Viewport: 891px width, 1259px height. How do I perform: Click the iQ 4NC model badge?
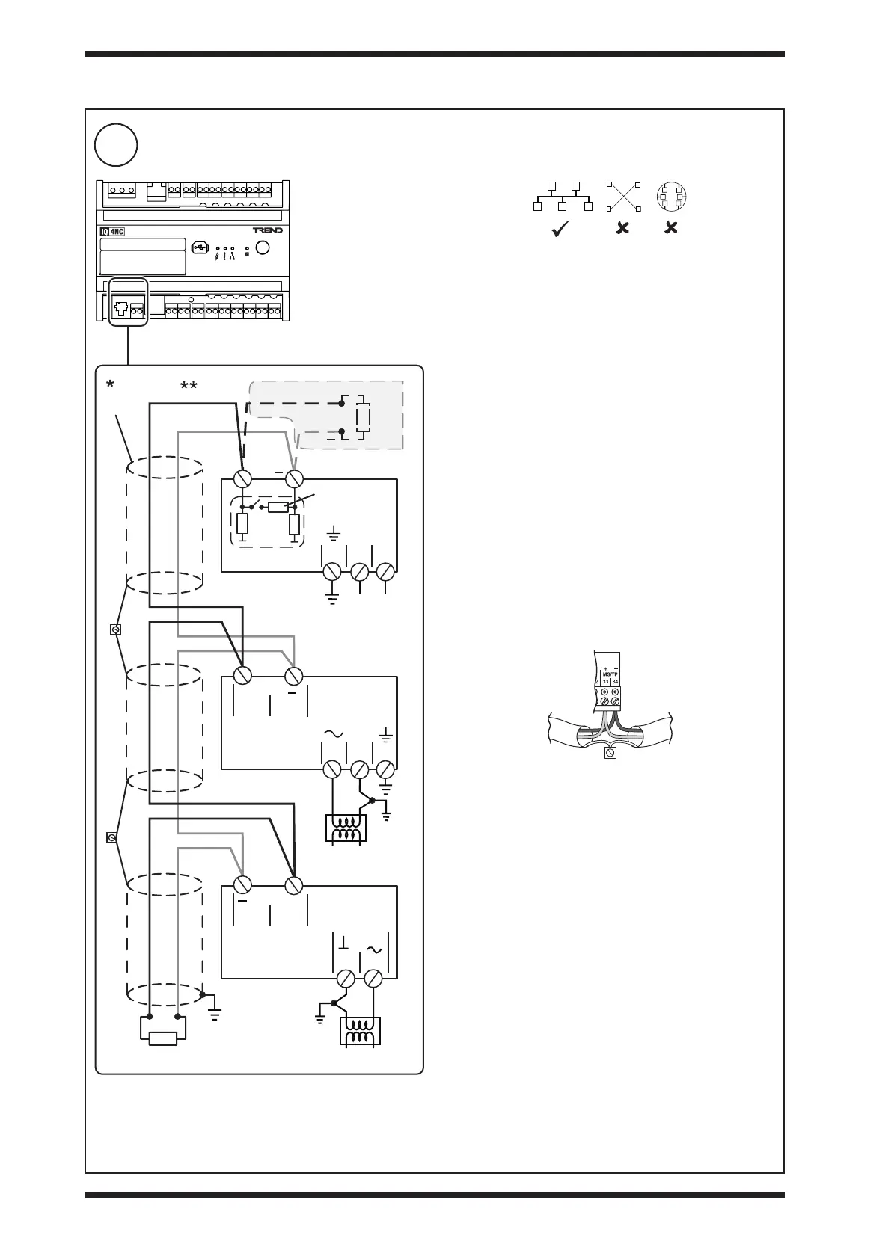click(x=112, y=231)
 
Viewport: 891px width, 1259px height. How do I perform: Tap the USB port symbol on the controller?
click(x=199, y=247)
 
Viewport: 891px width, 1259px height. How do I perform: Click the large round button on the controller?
click(x=262, y=247)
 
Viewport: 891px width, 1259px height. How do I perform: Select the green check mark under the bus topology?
click(x=562, y=230)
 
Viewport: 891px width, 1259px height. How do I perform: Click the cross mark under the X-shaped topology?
click(x=622, y=229)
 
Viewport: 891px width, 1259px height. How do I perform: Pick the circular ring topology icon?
click(x=671, y=197)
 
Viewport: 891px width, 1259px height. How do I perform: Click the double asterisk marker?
click(x=189, y=387)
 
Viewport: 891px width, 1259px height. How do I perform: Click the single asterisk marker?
click(x=110, y=385)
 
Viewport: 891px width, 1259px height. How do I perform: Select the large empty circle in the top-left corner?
click(x=116, y=145)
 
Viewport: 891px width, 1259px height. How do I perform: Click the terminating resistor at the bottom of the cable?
click(x=163, y=1038)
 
